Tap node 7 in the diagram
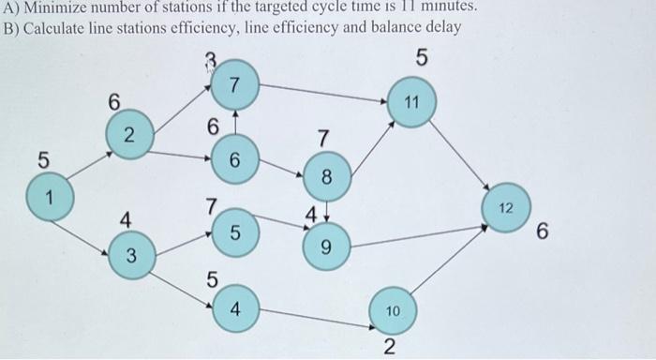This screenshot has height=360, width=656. [236, 86]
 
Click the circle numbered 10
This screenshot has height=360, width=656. [394, 308]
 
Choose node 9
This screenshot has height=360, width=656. [327, 248]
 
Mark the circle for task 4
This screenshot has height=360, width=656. [235, 310]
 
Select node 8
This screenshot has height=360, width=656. [327, 175]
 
